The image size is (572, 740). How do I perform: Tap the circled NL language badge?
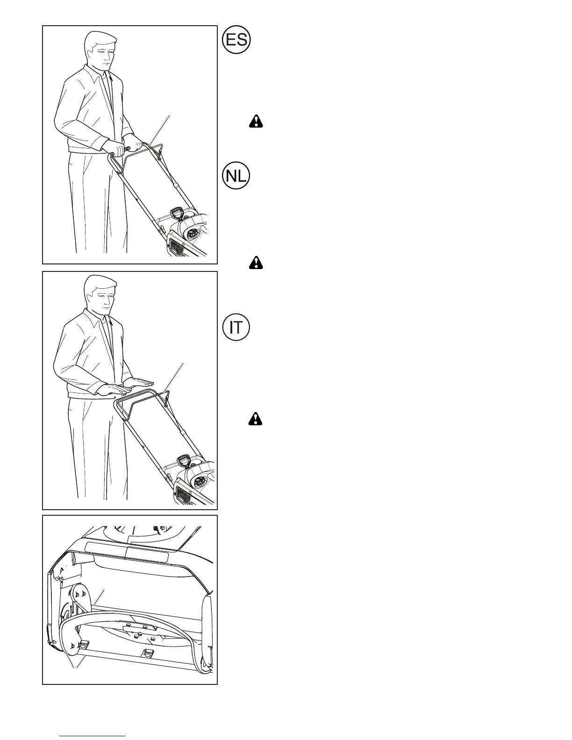click(236, 176)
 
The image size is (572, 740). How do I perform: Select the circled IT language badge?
click(236, 327)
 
